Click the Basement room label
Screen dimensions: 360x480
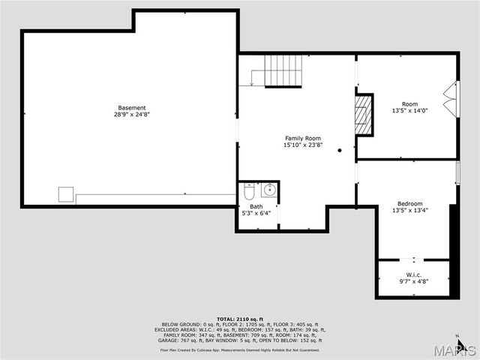[131, 107]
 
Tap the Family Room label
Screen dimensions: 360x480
[302, 138]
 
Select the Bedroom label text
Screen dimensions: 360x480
[409, 203]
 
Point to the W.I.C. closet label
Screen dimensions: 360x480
[413, 274]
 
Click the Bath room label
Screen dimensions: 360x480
[256, 206]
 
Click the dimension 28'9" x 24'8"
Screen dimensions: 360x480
[131, 115]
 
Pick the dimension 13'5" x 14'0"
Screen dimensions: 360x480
[409, 111]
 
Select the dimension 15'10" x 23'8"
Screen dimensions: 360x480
[302, 145]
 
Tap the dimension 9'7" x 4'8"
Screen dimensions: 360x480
[413, 280]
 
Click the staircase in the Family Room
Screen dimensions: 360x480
[283, 71]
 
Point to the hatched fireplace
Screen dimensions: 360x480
[364, 115]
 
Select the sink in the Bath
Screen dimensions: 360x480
[270, 190]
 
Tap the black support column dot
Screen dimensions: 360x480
[340, 150]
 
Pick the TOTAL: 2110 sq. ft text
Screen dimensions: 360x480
[239, 319]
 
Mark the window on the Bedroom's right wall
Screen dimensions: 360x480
[457, 172]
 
